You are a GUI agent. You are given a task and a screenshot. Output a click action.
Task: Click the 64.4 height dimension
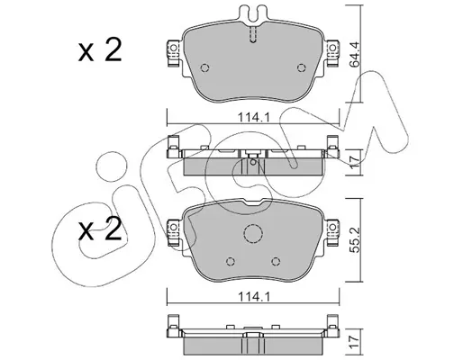355,54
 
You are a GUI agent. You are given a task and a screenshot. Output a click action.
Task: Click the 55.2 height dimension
355,239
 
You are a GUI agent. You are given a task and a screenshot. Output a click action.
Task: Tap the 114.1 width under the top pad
254,117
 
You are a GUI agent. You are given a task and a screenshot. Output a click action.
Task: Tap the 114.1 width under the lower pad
254,297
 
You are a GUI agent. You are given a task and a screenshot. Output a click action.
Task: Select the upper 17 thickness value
355,162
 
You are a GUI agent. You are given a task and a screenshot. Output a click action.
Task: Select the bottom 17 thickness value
355,342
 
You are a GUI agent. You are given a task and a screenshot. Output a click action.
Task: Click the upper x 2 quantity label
100,50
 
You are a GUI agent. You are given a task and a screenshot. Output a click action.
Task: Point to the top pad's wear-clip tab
253,13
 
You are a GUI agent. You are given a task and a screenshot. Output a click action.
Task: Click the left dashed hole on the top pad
204,68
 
